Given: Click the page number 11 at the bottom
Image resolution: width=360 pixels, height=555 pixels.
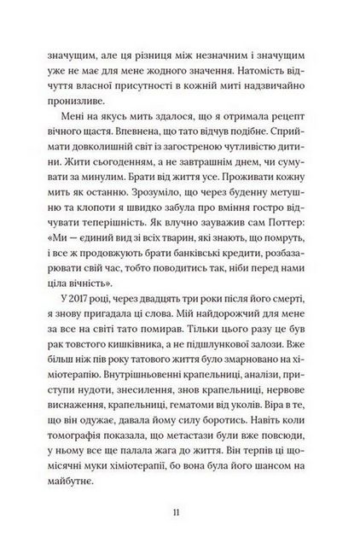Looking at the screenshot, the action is click(x=175, y=511).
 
